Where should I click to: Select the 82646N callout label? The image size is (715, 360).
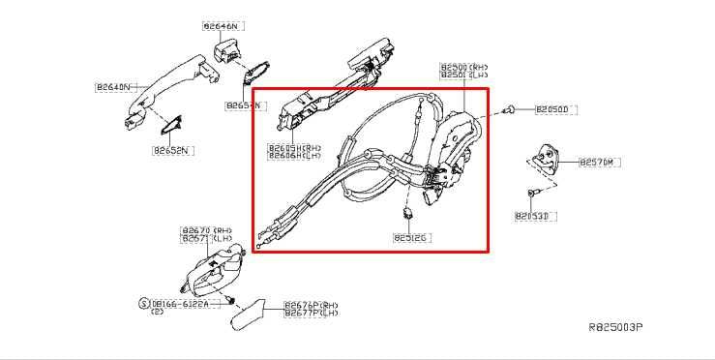point(222,26)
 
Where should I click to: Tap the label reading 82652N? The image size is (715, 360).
point(171,150)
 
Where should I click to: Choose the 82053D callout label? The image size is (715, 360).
point(532,216)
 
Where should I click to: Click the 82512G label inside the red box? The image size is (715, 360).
point(411,235)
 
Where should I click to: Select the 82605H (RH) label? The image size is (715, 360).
point(294,148)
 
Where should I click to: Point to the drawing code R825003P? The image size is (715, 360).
point(615,328)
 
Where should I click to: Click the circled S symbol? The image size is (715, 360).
point(143,303)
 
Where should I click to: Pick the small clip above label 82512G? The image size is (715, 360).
point(409,213)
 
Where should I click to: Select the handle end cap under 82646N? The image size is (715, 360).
point(230,50)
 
